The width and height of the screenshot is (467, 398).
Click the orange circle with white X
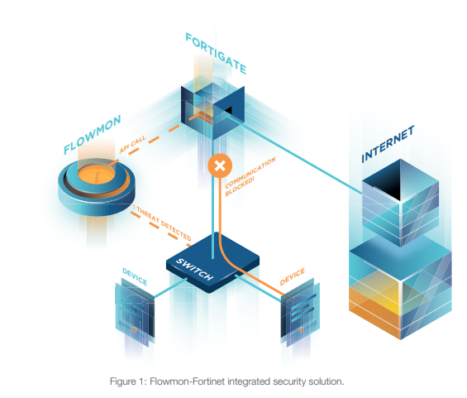[x=219, y=165]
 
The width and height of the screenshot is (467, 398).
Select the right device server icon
[x=298, y=314]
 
